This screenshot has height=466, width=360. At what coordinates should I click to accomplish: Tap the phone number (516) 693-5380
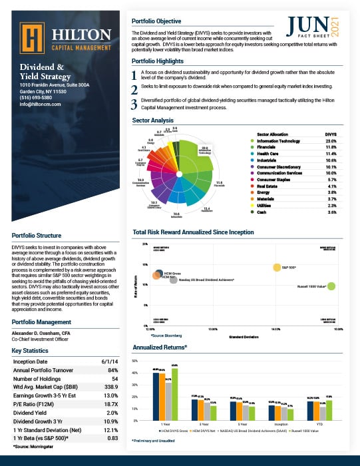click(x=40, y=99)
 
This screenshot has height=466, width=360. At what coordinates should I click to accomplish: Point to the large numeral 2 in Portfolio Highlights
click(x=134, y=89)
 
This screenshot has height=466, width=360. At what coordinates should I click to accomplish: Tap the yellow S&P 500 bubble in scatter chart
click(x=276, y=268)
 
